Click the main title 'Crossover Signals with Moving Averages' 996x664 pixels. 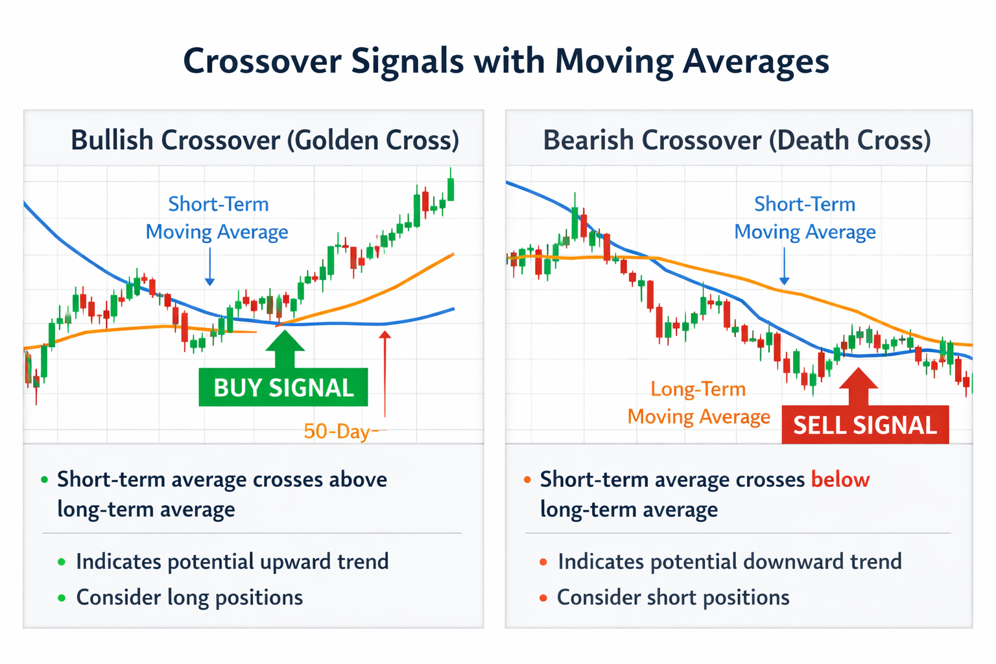[x=506, y=62]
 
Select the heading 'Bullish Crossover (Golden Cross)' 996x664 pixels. [x=265, y=141]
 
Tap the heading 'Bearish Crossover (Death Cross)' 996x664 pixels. [x=737, y=141]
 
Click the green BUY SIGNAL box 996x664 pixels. [x=283, y=388]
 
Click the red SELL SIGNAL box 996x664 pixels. [x=865, y=425]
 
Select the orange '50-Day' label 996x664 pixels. [x=337, y=431]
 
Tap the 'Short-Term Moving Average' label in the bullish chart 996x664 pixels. [x=217, y=218]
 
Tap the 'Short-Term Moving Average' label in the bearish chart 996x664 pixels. [x=805, y=218]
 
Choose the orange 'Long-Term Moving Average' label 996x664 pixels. [x=698, y=403]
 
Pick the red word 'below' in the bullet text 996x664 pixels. [x=840, y=480]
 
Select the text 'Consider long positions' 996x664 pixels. [x=189, y=597]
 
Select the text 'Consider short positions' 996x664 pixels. [x=673, y=597]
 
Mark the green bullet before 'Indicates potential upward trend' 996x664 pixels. [x=62, y=562]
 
